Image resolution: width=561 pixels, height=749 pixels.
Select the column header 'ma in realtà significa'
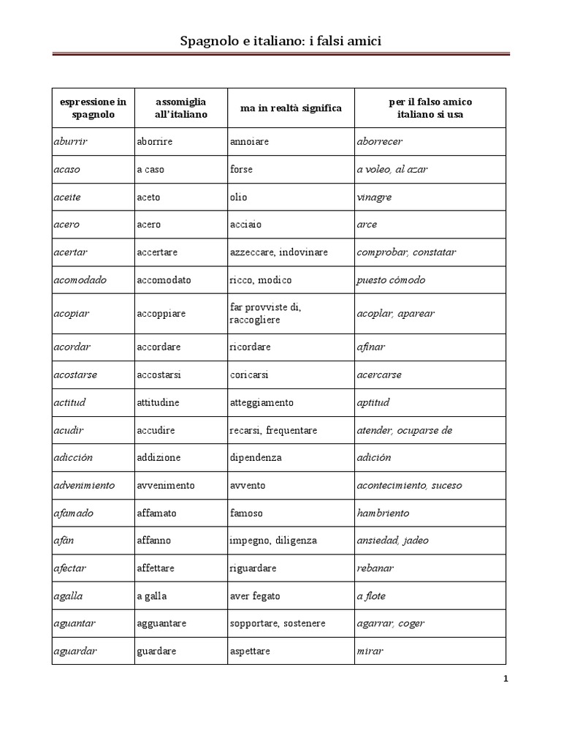point(291,108)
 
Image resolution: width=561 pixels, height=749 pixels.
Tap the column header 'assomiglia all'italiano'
point(180,108)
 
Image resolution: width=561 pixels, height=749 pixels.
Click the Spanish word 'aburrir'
point(71,141)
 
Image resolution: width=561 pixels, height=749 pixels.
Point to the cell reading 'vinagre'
point(374,197)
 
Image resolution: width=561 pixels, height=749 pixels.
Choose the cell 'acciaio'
point(245,225)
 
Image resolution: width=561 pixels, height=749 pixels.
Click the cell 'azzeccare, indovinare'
point(278,252)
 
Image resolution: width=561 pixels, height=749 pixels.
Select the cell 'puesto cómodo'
point(391,280)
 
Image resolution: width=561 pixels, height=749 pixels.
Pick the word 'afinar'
point(370,347)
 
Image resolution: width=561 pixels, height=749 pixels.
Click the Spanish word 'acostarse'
point(75,374)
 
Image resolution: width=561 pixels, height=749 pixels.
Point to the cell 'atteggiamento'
point(262,402)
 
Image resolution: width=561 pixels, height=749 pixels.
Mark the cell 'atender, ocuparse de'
point(405,430)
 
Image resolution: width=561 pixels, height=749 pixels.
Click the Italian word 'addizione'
point(159,458)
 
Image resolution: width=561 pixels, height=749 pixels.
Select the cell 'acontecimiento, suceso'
point(409,485)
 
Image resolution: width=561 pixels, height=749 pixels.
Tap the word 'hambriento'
point(383,513)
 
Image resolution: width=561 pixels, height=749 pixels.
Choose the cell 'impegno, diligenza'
point(273,541)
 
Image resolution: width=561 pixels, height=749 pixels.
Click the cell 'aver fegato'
point(255,596)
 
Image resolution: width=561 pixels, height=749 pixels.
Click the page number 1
point(505,679)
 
